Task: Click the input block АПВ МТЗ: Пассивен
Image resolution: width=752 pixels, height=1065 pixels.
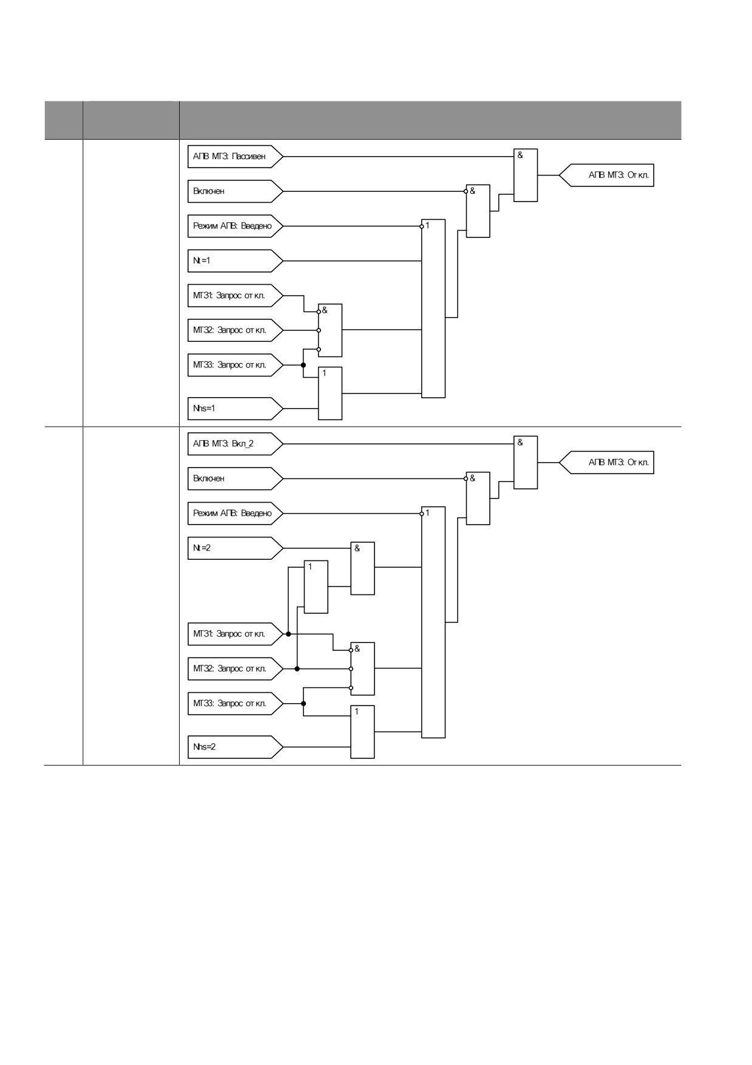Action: pyautogui.click(x=235, y=157)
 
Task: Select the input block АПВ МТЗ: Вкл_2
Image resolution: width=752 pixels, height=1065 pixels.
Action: pyautogui.click(x=235, y=444)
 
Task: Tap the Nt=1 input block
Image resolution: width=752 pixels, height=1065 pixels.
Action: pyautogui.click(x=235, y=261)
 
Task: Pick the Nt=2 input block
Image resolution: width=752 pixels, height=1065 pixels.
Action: pyautogui.click(x=235, y=548)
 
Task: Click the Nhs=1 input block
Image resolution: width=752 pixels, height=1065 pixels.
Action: pyautogui.click(x=235, y=409)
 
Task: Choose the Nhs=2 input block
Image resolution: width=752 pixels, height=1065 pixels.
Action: pyautogui.click(x=235, y=747)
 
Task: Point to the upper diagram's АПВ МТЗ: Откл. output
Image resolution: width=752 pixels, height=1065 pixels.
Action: pyautogui.click(x=606, y=175)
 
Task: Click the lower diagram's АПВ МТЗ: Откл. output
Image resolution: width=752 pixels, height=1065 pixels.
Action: pyautogui.click(x=606, y=463)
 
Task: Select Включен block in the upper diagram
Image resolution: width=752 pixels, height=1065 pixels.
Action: pyautogui.click(x=235, y=191)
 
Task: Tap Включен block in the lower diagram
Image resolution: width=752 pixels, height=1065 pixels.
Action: pyautogui.click(x=235, y=478)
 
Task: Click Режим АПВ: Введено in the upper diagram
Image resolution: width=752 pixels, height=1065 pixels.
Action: pyautogui.click(x=235, y=226)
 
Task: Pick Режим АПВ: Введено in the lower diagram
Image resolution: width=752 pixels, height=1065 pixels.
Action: pyautogui.click(x=235, y=513)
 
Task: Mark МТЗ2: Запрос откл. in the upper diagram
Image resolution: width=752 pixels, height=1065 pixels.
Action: pyautogui.click(x=235, y=330)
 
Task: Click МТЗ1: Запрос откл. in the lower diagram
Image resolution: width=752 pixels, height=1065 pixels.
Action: pyautogui.click(x=235, y=634)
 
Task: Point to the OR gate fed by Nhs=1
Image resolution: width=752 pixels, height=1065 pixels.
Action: pyautogui.click(x=330, y=393)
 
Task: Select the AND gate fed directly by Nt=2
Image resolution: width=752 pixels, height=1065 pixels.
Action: pyautogui.click(x=362, y=568)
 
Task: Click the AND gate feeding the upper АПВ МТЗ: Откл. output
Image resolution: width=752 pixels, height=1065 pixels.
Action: pyautogui.click(x=526, y=175)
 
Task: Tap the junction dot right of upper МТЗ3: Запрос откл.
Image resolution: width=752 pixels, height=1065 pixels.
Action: pyautogui.click(x=303, y=365)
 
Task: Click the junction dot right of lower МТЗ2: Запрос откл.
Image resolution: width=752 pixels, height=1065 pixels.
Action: pyautogui.click(x=297, y=669)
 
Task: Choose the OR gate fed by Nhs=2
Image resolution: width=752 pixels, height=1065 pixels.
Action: pyautogui.click(x=362, y=732)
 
